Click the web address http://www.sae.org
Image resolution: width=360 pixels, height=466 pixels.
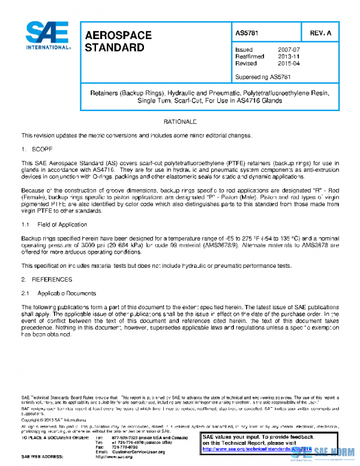pyautogui.click(x=114, y=457)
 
